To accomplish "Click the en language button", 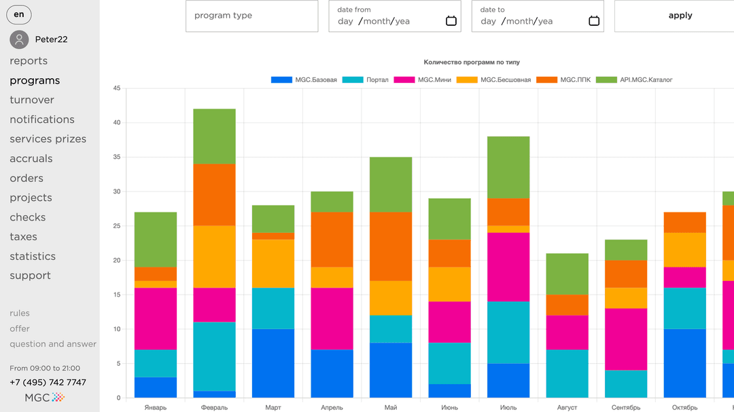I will click(19, 14).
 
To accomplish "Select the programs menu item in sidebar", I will click(35, 81).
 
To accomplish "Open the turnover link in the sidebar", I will click(32, 100).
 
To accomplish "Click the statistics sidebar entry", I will click(33, 257).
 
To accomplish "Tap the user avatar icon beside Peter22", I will click(19, 39).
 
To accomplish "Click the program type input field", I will click(251, 16).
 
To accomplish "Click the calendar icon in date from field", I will click(451, 21).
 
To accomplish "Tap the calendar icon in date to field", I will click(594, 21).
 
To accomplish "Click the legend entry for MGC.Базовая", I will click(304, 80).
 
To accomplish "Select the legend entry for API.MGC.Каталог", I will click(634, 80).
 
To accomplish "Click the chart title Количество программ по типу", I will click(472, 62).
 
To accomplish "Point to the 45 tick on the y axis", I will click(117, 88).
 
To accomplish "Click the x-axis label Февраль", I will click(215, 408).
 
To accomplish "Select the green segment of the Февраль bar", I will click(215, 136).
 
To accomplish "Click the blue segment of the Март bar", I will click(273, 363).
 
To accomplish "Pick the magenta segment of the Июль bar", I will click(508, 267).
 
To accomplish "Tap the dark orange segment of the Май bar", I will click(391, 246).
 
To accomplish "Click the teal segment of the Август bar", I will click(567, 373).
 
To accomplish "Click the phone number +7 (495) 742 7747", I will click(48, 382).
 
